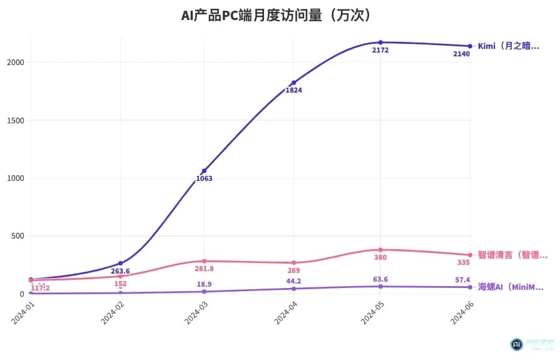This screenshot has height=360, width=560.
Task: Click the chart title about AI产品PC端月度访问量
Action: point(280,15)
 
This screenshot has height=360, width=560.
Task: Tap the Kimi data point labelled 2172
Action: point(380,43)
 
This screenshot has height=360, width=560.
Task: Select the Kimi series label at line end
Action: point(507,46)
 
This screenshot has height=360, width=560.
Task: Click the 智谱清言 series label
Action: point(512,255)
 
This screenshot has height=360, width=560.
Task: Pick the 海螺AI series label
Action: point(510,287)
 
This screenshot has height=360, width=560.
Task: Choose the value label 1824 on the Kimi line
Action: point(293,90)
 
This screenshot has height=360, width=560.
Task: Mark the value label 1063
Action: point(204,178)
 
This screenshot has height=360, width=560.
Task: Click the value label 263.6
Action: point(120,271)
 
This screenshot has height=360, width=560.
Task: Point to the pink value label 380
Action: point(380,257)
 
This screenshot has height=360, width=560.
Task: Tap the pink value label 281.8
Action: point(204,269)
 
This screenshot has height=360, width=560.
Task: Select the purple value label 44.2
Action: point(293,281)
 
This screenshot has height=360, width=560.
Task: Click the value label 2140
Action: point(461,54)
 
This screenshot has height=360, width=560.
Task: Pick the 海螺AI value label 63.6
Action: point(380,279)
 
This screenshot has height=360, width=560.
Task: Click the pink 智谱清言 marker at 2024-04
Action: point(293,263)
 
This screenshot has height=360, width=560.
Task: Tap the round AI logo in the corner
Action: point(516,344)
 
